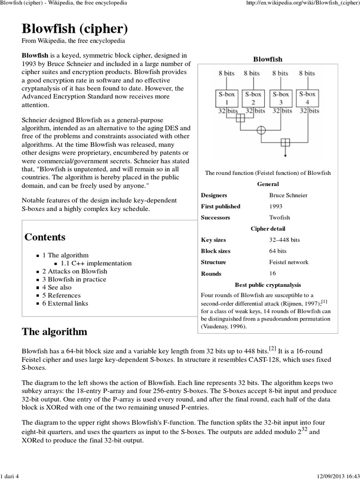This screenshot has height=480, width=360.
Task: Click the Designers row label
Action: pos(214,195)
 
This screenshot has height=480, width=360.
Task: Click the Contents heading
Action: pos(45,237)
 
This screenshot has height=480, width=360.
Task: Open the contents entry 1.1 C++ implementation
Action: pos(96,263)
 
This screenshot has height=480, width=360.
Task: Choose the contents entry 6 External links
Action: pos(65,303)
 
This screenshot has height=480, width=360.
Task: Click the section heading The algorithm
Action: pos(54,332)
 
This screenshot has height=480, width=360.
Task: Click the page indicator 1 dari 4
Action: pos(12,476)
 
